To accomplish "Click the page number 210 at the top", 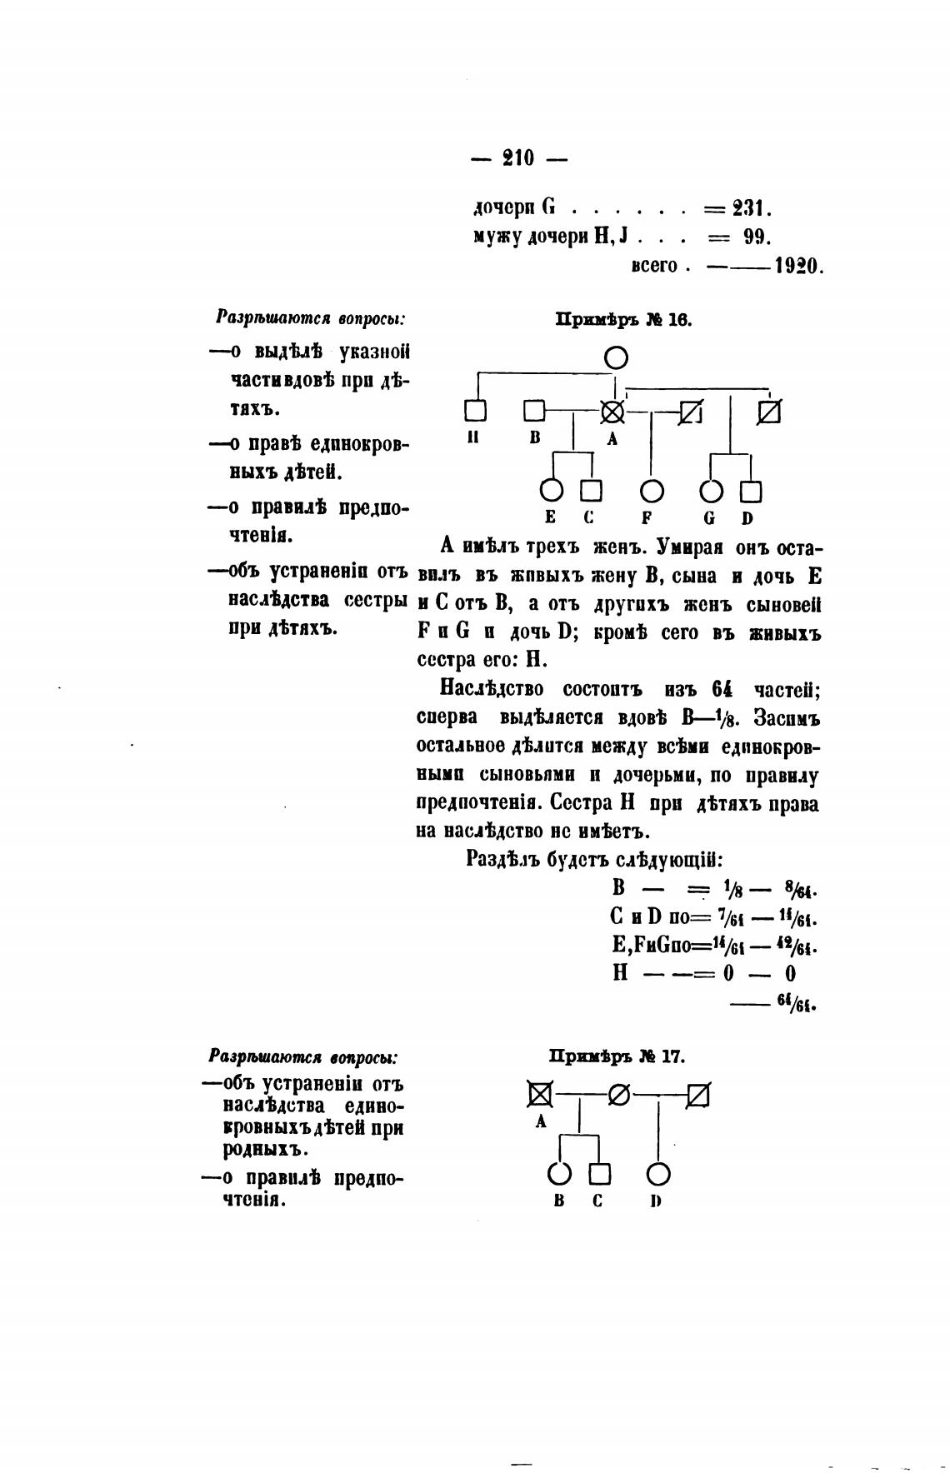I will point(518,157).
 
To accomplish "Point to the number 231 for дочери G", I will point(752,207).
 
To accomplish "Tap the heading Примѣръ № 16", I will point(623,319).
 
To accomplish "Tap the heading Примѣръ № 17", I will point(617,1056).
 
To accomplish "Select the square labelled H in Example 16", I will point(475,411).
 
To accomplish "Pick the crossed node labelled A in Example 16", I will point(613,412).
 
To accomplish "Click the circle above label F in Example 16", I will point(652,492).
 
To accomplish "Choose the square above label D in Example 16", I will point(751,492).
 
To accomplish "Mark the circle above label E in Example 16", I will point(551,492).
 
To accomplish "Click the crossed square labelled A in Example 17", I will point(540,1095).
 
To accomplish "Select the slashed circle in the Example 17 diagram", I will point(619,1095).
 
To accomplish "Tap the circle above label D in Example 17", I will point(658,1175).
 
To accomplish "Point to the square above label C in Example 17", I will point(600,1175).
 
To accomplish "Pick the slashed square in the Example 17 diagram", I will point(698,1095).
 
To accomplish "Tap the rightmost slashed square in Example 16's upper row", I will point(769,412).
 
